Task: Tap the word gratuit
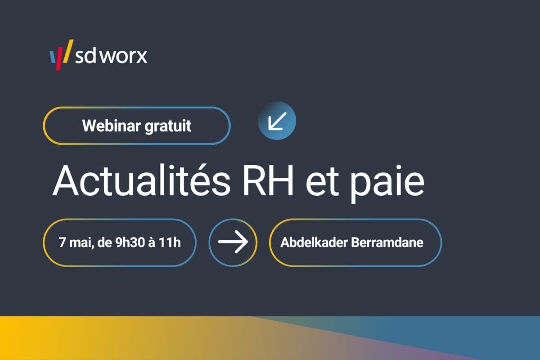click(x=168, y=126)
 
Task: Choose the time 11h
click(x=171, y=243)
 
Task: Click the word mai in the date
click(x=76, y=243)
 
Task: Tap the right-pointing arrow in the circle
click(x=233, y=242)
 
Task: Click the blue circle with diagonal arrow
click(x=277, y=120)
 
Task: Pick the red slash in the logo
click(x=59, y=61)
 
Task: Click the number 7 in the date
click(x=62, y=243)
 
